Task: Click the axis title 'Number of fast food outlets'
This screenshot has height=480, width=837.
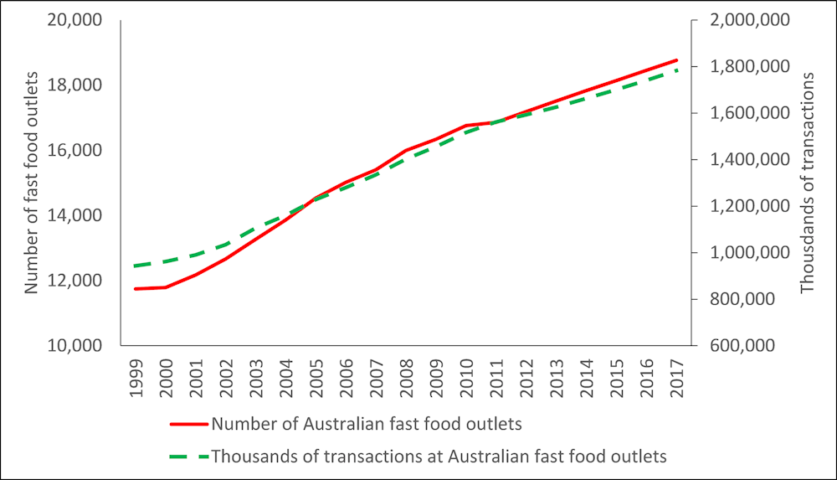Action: point(32,183)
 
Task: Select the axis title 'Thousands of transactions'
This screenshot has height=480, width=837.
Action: point(808,183)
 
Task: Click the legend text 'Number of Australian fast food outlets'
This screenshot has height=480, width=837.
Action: point(367,424)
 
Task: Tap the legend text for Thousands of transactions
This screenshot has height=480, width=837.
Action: point(439,457)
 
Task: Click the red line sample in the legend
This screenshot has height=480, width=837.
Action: point(189,424)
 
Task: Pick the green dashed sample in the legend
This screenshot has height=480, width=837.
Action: point(189,457)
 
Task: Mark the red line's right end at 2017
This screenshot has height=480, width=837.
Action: point(676,60)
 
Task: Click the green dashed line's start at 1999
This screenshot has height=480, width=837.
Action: point(136,266)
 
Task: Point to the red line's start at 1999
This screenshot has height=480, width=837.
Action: point(136,289)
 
